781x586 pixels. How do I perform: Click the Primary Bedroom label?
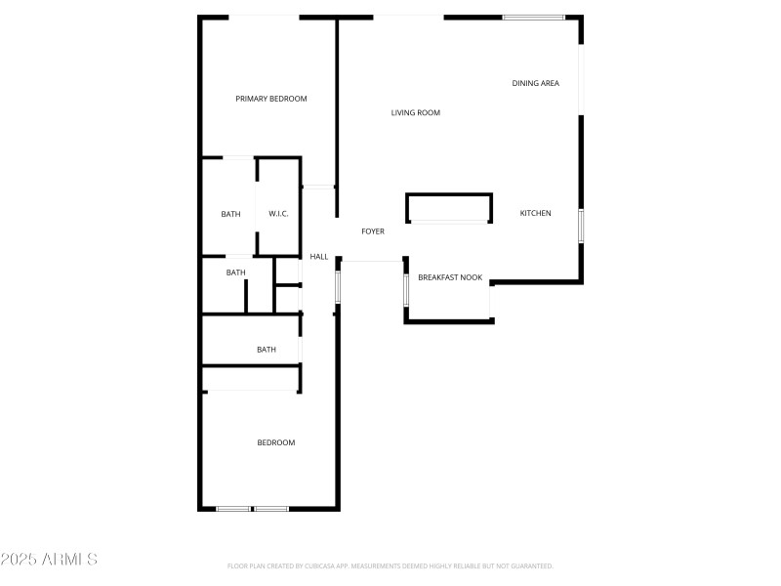pyautogui.click(x=271, y=99)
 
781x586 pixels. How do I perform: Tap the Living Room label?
pyautogui.click(x=416, y=113)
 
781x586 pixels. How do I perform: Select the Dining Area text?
pyautogui.click(x=536, y=83)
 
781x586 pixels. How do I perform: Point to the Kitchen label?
pyautogui.click(x=535, y=213)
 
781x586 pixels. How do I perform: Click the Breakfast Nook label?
pyautogui.click(x=451, y=277)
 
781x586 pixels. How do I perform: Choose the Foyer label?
pyautogui.click(x=373, y=231)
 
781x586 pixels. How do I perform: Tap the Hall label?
pyautogui.click(x=319, y=257)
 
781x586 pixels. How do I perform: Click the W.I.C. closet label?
pyautogui.click(x=278, y=214)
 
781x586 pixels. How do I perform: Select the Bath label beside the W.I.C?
pyautogui.click(x=230, y=214)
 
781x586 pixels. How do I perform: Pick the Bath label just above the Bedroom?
pyautogui.click(x=267, y=350)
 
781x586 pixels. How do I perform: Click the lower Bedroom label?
pyautogui.click(x=276, y=442)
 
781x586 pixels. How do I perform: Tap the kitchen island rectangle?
pyautogui.click(x=449, y=208)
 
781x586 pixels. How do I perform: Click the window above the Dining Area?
pyautogui.click(x=533, y=17)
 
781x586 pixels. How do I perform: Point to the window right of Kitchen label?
pyautogui.click(x=581, y=226)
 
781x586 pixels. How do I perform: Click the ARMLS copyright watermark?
pyautogui.click(x=49, y=560)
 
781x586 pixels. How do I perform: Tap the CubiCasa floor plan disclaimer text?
pyautogui.click(x=390, y=566)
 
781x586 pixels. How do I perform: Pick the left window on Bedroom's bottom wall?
pyautogui.click(x=233, y=508)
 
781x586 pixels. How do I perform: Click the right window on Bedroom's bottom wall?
pyautogui.click(x=271, y=508)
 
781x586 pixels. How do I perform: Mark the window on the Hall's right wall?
pyautogui.click(x=338, y=286)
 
